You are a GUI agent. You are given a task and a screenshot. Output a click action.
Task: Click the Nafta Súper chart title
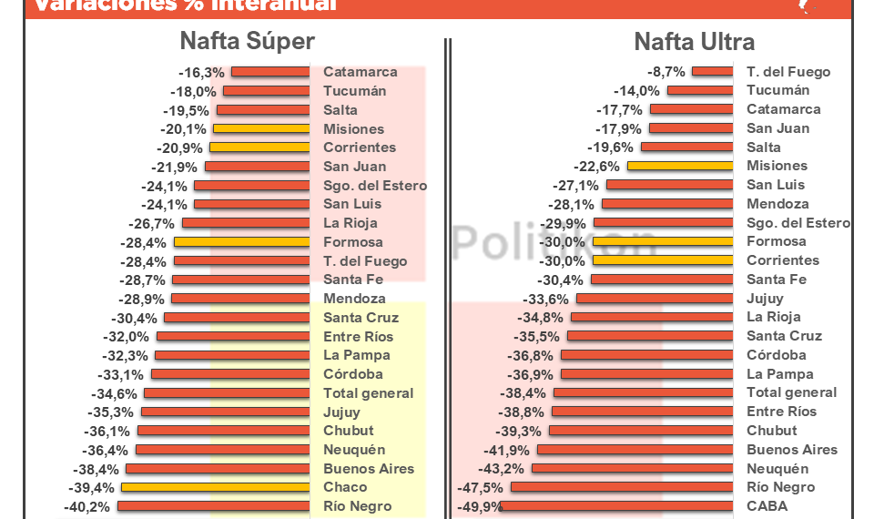point(247,41)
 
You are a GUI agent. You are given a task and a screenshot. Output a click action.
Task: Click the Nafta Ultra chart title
point(694,42)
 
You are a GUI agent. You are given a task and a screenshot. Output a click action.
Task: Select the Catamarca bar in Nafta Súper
point(270,72)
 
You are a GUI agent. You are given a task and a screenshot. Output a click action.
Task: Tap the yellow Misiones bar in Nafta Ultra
point(679,166)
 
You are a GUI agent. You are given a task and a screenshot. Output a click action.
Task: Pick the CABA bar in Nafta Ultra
point(617,506)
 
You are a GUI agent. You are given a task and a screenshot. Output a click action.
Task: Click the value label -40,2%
point(87,507)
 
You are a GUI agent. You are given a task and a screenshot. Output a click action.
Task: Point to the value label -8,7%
point(666,72)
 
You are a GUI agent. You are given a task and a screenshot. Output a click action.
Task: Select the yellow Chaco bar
point(216,487)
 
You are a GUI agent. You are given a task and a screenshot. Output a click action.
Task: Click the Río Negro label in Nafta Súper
point(357,506)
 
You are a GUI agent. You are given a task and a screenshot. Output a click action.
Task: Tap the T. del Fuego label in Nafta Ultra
point(788,72)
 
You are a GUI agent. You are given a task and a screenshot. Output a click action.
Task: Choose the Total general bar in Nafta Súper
point(227,393)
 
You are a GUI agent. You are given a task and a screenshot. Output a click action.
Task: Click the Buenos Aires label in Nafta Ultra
point(791,450)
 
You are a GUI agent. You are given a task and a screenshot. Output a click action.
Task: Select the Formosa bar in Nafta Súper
point(241,242)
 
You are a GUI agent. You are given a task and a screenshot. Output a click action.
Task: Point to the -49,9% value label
point(479,507)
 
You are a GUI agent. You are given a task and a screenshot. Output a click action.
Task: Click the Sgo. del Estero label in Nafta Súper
point(374,186)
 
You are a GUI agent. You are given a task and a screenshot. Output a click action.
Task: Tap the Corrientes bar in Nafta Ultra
point(663,260)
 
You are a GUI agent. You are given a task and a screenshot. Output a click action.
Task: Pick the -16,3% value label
point(201,73)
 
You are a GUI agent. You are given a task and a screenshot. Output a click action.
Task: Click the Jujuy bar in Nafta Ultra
point(655,299)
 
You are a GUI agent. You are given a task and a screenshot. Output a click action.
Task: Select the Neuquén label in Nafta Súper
point(354,450)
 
